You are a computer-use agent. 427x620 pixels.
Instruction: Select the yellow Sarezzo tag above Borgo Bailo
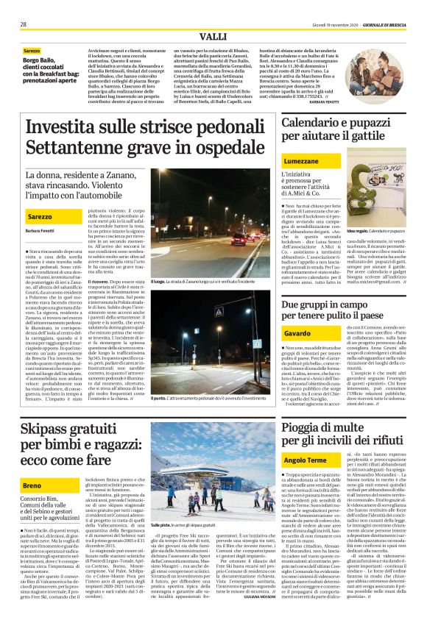(x=32, y=51)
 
